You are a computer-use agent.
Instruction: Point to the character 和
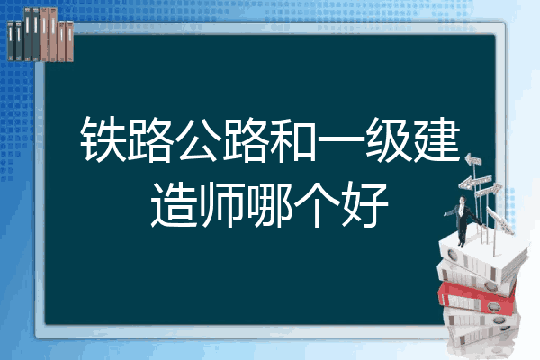(293, 139)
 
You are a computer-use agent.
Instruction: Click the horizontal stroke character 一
(341, 139)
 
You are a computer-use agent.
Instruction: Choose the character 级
(389, 139)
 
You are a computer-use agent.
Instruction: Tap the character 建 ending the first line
(436, 139)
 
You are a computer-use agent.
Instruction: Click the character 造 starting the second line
(174, 204)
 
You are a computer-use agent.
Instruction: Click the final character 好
(365, 204)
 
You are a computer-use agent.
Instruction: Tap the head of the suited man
(463, 201)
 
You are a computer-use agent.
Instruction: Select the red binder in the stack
(477, 298)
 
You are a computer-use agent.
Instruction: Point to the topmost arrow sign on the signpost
(473, 159)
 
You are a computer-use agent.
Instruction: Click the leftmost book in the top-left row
(11, 41)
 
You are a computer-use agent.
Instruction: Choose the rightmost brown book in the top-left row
(69, 41)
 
